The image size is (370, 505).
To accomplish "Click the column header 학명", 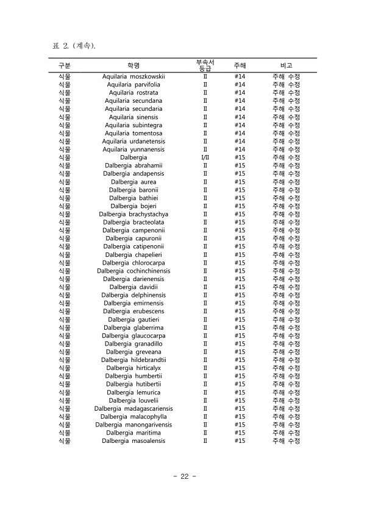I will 133,64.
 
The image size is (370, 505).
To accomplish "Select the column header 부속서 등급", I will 205,64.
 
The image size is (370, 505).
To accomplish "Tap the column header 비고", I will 286,64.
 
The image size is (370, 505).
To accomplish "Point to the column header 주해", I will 240,64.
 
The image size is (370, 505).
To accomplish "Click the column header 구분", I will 64,64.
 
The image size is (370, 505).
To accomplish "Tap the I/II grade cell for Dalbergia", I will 205,158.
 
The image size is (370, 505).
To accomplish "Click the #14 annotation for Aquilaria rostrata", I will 240,92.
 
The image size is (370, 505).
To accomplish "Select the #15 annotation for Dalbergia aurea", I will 240,182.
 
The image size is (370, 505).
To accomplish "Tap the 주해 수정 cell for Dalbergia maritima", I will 286,433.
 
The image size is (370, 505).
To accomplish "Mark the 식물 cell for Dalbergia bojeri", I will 64,206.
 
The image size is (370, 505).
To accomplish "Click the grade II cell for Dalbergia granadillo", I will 205,344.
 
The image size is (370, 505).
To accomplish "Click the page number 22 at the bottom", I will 184,476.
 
